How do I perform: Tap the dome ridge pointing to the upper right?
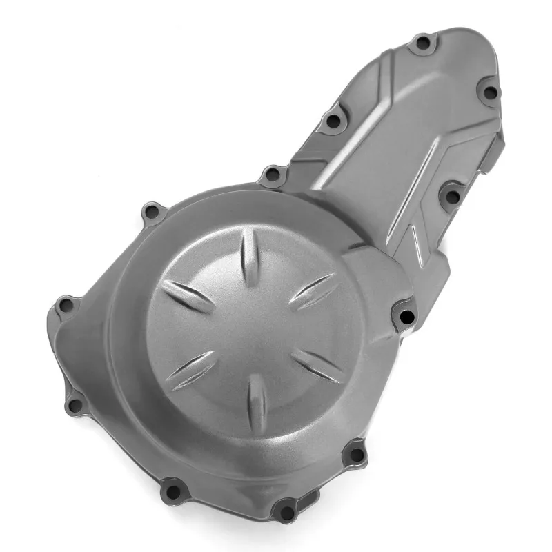pyautogui.click(x=312, y=290)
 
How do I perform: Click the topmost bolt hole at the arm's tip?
pyautogui.click(x=422, y=43)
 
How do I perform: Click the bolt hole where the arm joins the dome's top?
pyautogui.click(x=273, y=175)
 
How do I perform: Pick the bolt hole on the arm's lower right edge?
pyautogui.click(x=452, y=197)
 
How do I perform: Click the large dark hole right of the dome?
pyautogui.click(x=406, y=317)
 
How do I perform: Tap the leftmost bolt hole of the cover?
pyautogui.click(x=66, y=305)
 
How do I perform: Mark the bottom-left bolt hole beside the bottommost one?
pyautogui.click(x=172, y=491)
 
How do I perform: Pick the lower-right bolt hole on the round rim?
pyautogui.click(x=355, y=454)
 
